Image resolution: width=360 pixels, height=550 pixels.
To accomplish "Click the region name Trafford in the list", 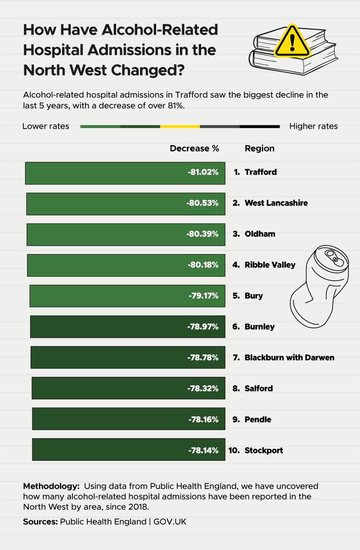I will (261, 172).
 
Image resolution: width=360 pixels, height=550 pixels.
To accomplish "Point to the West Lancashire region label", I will (276, 203).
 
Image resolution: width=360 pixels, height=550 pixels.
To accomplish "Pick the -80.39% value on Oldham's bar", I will (203, 234).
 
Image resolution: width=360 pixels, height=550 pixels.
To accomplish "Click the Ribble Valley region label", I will (270, 265).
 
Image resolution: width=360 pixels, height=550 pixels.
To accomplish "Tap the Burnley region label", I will (260, 326).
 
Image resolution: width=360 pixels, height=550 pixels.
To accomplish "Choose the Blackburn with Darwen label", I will (289, 358).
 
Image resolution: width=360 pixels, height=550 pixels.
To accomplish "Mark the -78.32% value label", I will (203, 389).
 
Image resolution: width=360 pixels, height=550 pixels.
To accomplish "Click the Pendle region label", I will (258, 420).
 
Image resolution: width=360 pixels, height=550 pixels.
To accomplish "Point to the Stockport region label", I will (264, 450).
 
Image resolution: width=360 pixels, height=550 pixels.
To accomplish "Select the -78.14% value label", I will (203, 450).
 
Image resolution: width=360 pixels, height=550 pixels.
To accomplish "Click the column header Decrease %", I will (194, 148).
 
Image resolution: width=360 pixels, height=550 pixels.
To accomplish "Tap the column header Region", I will (259, 148).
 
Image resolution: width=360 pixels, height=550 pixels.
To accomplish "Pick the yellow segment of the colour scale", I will (180, 127).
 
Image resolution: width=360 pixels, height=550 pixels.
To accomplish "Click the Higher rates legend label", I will (313, 126).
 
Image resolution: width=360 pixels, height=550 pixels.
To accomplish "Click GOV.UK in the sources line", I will (170, 522).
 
